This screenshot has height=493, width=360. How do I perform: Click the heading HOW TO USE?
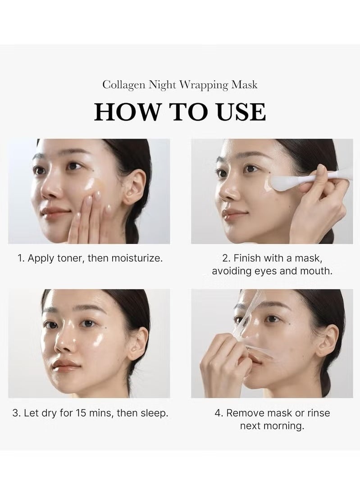coord(180,112)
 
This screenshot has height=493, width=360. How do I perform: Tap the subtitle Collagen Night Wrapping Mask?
coord(180,85)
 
